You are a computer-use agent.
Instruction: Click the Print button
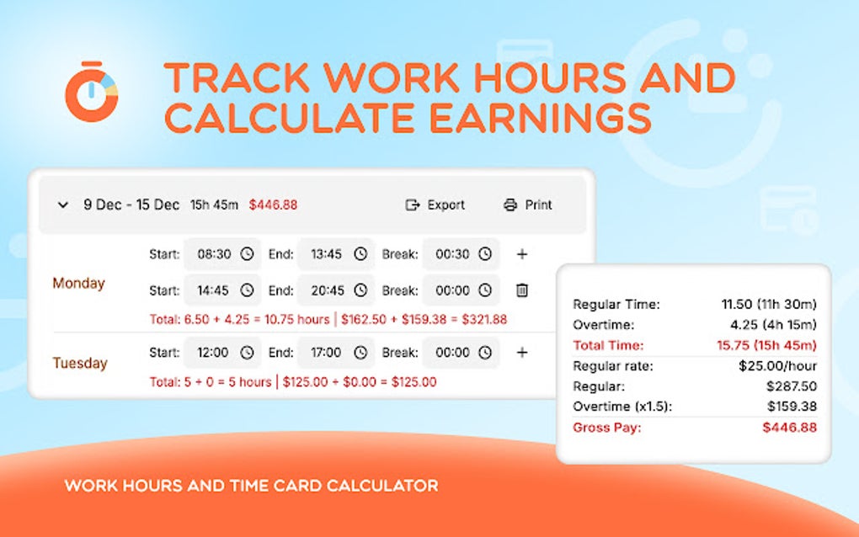[x=528, y=205]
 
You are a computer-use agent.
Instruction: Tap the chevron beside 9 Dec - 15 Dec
[x=63, y=205]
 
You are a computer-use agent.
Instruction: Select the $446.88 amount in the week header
[x=273, y=205]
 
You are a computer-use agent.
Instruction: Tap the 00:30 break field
[x=460, y=253]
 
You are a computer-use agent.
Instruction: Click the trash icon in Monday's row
[x=522, y=290]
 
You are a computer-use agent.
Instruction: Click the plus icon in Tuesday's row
[x=522, y=353]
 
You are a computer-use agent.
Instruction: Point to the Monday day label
[x=78, y=284]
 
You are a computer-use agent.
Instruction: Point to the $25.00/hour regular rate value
[x=775, y=366]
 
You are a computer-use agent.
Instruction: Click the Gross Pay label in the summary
[x=606, y=428]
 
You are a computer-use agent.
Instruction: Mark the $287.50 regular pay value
[x=792, y=386]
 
